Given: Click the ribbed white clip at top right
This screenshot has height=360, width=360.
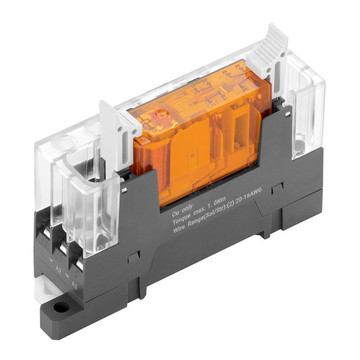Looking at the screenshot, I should point(275,43).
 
